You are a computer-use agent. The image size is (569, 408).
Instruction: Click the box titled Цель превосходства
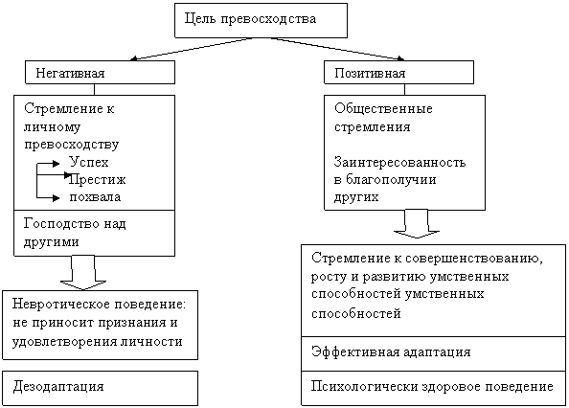click(261, 21)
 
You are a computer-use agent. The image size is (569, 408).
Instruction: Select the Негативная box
click(100, 73)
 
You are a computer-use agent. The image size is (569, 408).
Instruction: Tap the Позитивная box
click(398, 73)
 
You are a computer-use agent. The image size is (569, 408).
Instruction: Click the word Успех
click(89, 162)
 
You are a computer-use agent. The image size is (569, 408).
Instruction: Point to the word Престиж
click(98, 179)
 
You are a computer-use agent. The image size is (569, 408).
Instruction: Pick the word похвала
click(95, 197)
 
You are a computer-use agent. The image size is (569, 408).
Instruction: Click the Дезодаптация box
click(101, 388)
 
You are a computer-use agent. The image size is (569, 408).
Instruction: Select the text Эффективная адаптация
click(391, 352)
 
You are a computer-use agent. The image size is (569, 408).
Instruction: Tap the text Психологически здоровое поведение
click(432, 387)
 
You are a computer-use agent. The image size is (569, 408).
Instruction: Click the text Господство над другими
click(75, 233)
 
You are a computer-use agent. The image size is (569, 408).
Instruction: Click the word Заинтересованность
click(399, 162)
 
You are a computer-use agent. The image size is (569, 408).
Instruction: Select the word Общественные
click(383, 108)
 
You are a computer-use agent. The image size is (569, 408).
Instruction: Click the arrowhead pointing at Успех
click(56, 164)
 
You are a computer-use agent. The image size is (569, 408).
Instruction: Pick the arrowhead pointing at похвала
click(56, 198)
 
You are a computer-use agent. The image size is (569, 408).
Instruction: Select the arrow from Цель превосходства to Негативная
click(192, 49)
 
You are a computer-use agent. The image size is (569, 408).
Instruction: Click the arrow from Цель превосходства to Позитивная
click(337, 49)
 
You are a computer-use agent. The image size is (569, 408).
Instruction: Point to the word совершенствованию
click(474, 259)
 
